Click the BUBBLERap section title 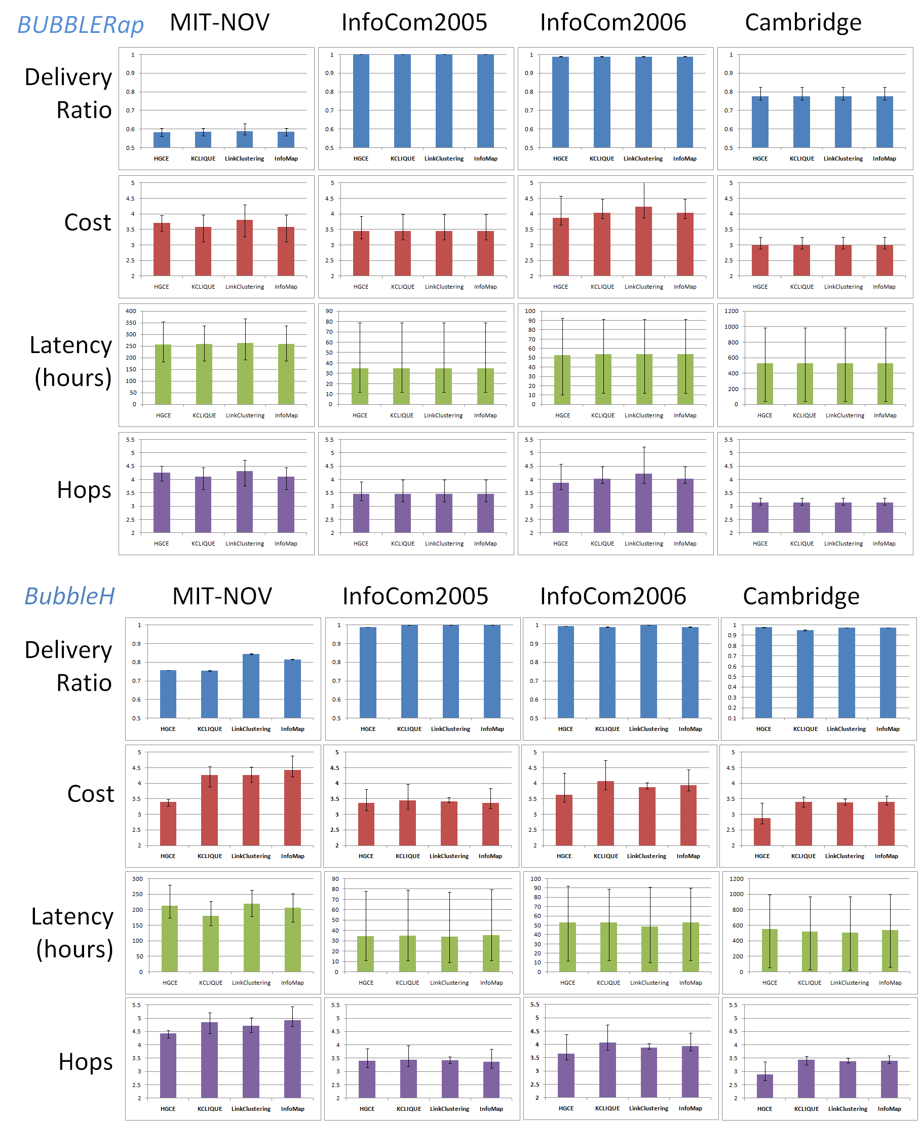click(81, 24)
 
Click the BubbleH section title click(69, 596)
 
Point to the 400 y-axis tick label click(131, 311)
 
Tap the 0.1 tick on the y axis click(732, 718)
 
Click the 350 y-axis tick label click(131, 323)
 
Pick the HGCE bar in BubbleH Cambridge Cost click(762, 831)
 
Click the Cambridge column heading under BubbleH click(801, 596)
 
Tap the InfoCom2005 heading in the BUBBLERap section click(414, 22)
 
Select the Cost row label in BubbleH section click(91, 794)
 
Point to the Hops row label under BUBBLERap click(84, 490)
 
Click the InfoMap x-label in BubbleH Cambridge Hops click(889, 1108)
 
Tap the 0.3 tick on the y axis click(732, 698)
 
